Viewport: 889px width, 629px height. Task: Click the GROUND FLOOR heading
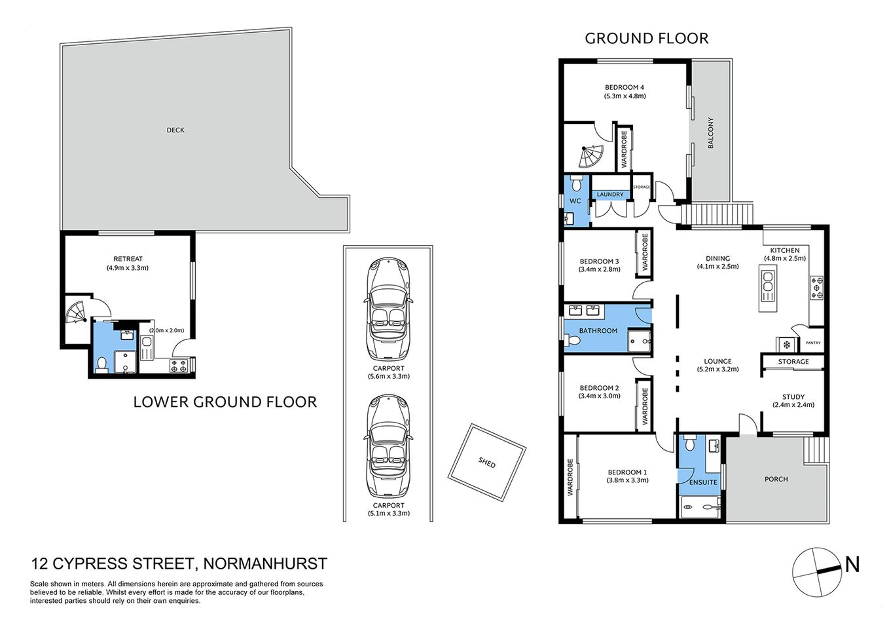click(646, 39)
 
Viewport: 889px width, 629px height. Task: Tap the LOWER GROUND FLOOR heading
click(225, 402)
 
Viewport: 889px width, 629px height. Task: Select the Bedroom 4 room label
click(624, 87)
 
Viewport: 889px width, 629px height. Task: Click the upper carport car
click(389, 308)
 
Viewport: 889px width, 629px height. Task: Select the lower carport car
click(389, 446)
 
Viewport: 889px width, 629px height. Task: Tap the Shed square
click(486, 463)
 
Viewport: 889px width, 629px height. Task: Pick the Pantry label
click(812, 343)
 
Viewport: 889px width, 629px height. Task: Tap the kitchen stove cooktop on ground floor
click(817, 288)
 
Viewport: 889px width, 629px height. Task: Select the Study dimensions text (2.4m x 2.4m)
click(793, 405)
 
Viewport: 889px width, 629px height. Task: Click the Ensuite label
click(703, 482)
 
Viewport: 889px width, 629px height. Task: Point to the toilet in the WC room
click(576, 181)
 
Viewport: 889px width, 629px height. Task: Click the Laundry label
click(610, 195)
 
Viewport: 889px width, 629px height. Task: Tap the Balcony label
click(710, 132)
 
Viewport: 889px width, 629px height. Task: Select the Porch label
click(776, 479)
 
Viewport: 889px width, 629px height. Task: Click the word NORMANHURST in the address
click(264, 563)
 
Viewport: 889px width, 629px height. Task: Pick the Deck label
click(175, 130)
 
